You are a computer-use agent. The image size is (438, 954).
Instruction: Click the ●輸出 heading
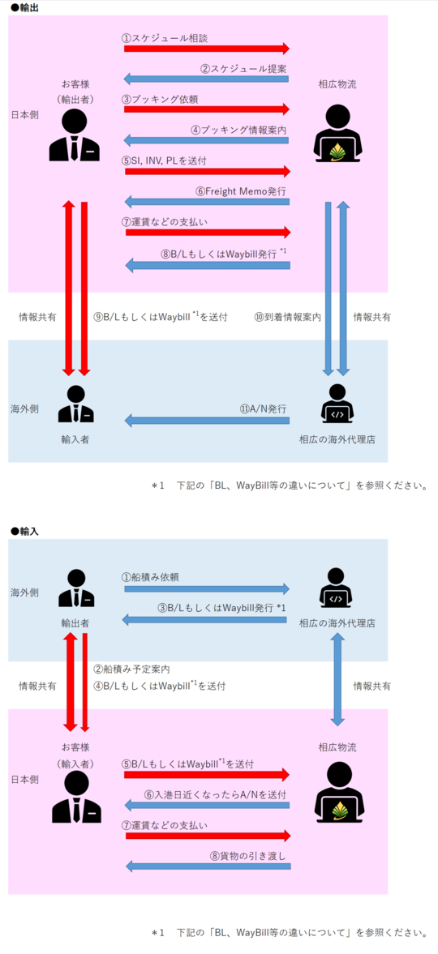24,6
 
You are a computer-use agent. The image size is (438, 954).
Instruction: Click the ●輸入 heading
24,531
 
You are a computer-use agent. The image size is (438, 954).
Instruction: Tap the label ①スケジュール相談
165,38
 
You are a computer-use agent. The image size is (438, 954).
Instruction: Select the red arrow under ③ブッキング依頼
207,109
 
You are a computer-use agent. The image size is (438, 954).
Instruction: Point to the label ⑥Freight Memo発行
241,190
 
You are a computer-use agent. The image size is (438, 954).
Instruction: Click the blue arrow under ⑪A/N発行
207,420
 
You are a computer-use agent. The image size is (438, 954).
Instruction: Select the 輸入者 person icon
76,404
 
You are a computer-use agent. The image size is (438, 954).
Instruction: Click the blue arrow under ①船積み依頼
207,588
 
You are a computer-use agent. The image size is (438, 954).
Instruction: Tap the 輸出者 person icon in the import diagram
76,588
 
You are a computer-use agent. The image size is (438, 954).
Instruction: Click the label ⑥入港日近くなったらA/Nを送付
216,794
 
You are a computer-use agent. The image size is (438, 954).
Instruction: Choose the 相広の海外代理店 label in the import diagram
337,623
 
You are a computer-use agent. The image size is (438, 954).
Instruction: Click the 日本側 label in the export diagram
25,113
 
